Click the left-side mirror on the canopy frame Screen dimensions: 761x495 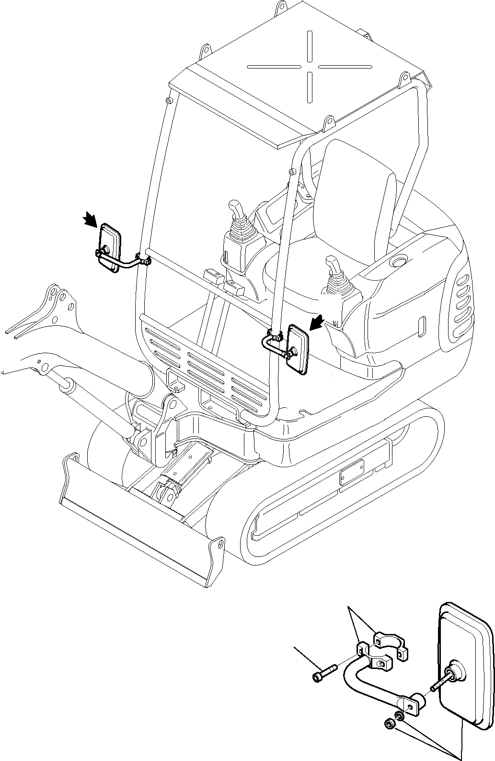point(110,247)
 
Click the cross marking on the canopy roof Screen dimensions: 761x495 point(311,66)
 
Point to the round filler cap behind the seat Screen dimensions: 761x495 point(399,262)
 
